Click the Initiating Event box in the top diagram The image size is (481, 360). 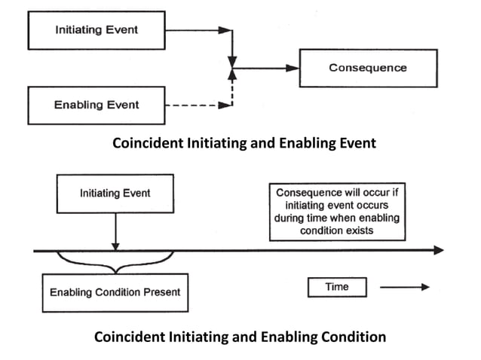96,30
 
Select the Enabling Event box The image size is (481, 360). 96,105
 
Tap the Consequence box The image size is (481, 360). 368,68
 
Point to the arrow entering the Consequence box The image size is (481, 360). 268,68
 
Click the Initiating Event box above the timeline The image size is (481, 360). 115,194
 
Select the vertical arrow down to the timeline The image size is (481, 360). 115,230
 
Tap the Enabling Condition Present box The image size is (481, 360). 115,291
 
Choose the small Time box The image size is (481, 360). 336,287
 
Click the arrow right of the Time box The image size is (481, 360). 404,287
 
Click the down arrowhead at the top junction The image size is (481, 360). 234,60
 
